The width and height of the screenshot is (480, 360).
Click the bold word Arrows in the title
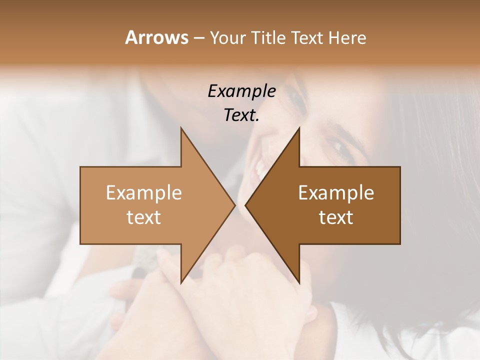tap(156, 37)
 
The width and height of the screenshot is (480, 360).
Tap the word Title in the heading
tap(268, 37)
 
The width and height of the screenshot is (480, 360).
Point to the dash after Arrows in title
tap(198, 38)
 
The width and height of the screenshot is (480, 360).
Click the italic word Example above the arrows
tap(241, 91)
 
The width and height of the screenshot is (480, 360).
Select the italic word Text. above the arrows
tap(241, 115)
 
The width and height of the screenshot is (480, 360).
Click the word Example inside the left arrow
tap(144, 193)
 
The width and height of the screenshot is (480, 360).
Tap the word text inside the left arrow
tap(144, 217)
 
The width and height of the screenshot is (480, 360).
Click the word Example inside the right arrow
tap(336, 193)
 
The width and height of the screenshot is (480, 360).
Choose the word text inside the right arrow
tap(336, 217)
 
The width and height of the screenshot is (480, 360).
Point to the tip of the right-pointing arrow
tap(235, 205)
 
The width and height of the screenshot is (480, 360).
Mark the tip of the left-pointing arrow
tap(245, 205)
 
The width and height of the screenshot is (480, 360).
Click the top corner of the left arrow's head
tap(181, 128)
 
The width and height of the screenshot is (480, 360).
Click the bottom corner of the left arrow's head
tap(181, 282)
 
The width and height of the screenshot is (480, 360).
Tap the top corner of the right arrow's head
tap(299, 128)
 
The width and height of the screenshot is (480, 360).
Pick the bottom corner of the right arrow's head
tap(299, 282)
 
